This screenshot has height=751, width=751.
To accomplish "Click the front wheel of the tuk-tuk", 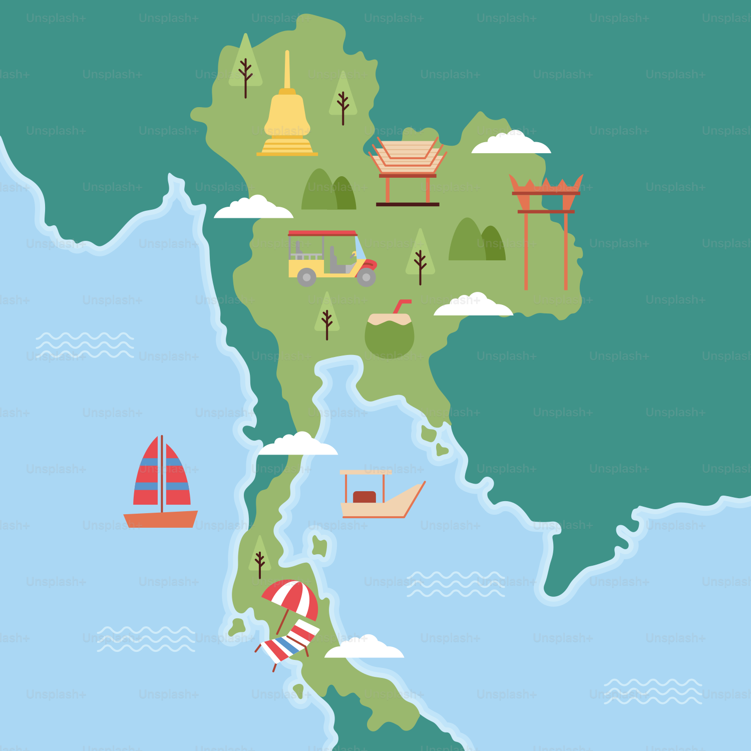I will point(366,277).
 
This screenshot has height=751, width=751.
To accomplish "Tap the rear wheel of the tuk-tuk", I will point(306,277).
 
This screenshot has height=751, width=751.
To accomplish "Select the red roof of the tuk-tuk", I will point(322,233).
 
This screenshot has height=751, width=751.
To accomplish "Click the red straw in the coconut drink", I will point(401,305).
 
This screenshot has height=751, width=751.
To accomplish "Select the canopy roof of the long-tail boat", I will point(365,472).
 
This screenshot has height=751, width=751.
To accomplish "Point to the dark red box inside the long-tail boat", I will point(364,497).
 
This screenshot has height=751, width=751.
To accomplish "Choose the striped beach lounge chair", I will point(288,643).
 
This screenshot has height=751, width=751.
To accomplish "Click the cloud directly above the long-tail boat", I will point(298,446).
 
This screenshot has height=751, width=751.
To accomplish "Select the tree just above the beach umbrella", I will point(260,556).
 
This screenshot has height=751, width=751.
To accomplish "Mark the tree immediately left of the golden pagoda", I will point(245,65).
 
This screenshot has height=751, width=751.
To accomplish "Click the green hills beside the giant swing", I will point(477,243).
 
